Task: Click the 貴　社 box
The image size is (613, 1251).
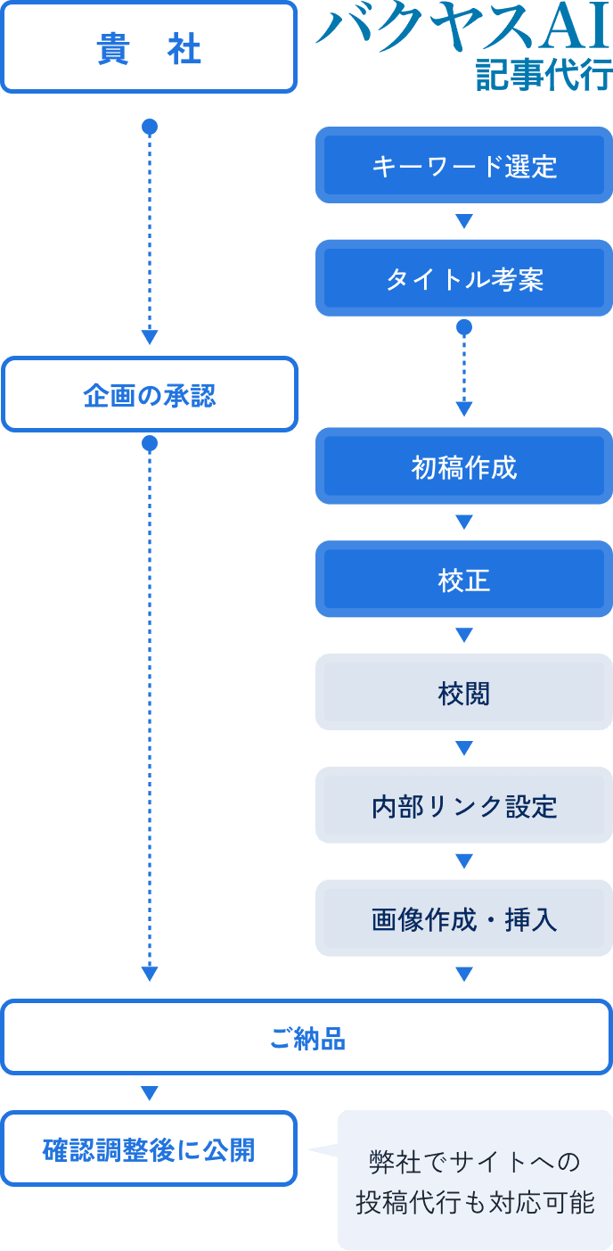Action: pyautogui.click(x=149, y=48)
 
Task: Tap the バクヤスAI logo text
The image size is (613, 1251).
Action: pyautogui.click(x=464, y=29)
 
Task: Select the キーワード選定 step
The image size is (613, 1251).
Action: pyautogui.click(x=463, y=166)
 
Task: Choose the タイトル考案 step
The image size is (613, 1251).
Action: pyautogui.click(x=463, y=279)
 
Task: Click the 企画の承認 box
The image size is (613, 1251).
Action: pyautogui.click(x=149, y=395)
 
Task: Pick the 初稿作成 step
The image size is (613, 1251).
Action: pyautogui.click(x=463, y=467)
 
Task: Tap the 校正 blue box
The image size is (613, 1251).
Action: pyautogui.click(x=463, y=580)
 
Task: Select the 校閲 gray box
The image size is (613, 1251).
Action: pyautogui.click(x=463, y=693)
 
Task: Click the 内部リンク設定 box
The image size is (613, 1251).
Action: pyautogui.click(x=463, y=806)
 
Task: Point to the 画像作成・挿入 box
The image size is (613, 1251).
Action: pyautogui.click(x=463, y=918)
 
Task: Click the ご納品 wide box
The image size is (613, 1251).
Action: pyautogui.click(x=306, y=1038)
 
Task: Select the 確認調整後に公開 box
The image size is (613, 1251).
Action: pyautogui.click(x=149, y=1149)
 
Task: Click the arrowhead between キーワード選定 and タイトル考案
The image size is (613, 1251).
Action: pyautogui.click(x=463, y=222)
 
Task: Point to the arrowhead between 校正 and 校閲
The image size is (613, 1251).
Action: pyautogui.click(x=463, y=636)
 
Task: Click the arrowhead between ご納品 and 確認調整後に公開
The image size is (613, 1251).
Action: pyautogui.click(x=150, y=1093)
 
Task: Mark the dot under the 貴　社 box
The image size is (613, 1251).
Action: pyautogui.click(x=150, y=128)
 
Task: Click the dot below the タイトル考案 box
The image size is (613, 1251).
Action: pyautogui.click(x=463, y=328)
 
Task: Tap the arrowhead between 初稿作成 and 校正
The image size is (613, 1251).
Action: pyautogui.click(x=463, y=523)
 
